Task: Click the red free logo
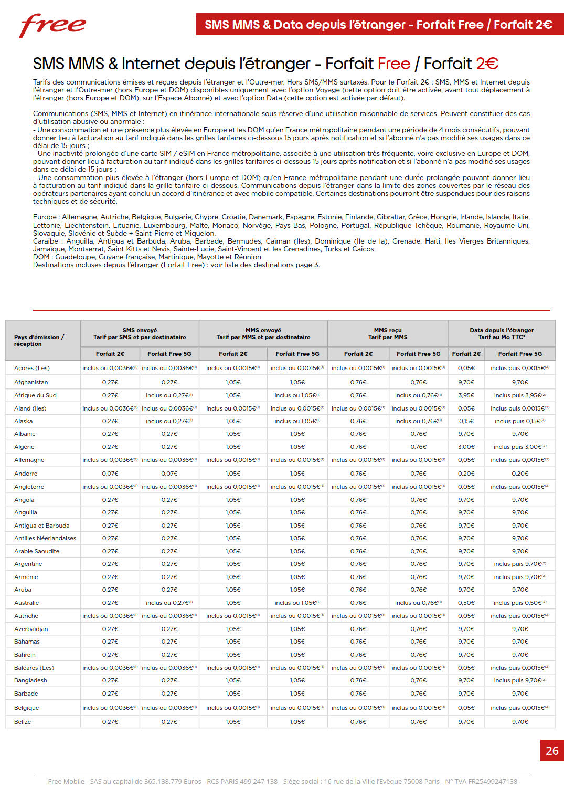[x=52, y=25]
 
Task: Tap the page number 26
[x=552, y=751]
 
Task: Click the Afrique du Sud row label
[x=35, y=395]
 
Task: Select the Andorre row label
[x=26, y=474]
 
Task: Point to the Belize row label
[x=23, y=722]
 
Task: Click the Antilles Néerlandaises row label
[x=45, y=538]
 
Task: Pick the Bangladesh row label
[x=30, y=680]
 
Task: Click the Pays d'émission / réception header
[x=39, y=340]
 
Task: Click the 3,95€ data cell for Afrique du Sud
[x=466, y=395]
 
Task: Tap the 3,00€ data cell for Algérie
[x=466, y=447]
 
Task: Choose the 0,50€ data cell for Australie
[x=466, y=603]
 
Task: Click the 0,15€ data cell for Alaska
[x=466, y=421]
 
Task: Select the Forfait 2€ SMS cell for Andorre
[x=110, y=474]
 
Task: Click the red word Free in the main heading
[x=393, y=64]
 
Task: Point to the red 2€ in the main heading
[x=487, y=64]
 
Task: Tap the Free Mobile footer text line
[x=282, y=781]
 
